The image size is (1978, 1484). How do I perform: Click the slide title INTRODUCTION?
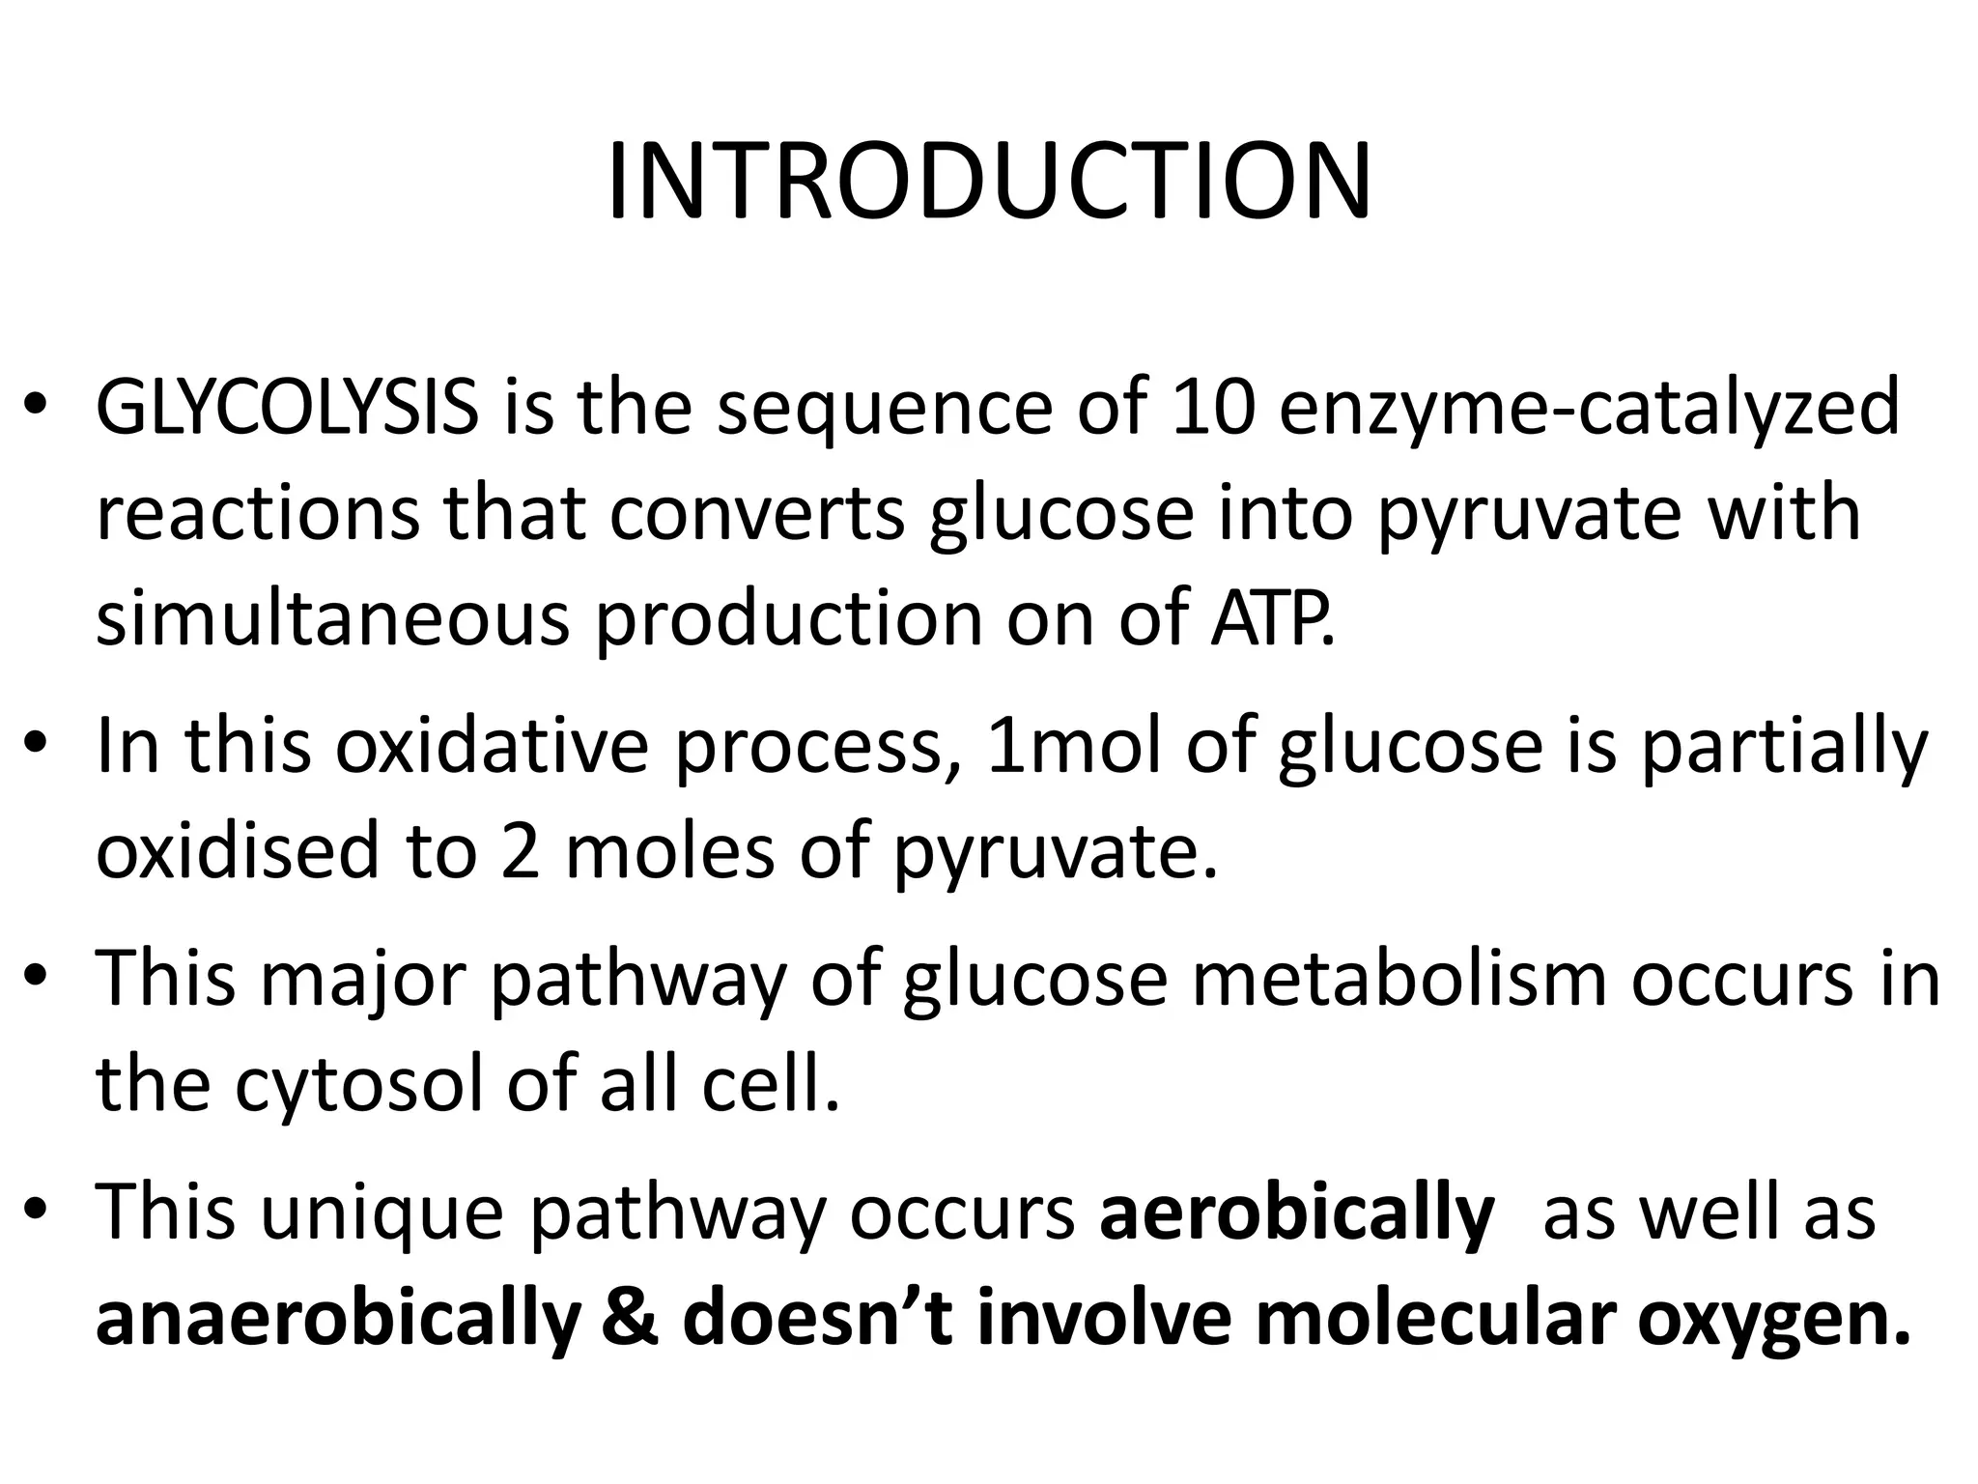click(988, 183)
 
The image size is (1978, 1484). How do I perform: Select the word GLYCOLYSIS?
click(287, 407)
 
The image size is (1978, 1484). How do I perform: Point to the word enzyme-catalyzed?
click(1590, 407)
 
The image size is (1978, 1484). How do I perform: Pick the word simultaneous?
click(333, 618)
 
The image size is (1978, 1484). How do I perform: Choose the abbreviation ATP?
click(1272, 618)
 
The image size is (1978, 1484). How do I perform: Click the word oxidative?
click(493, 746)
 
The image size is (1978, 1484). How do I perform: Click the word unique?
click(383, 1212)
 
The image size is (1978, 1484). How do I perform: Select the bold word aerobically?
click(1297, 1212)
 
